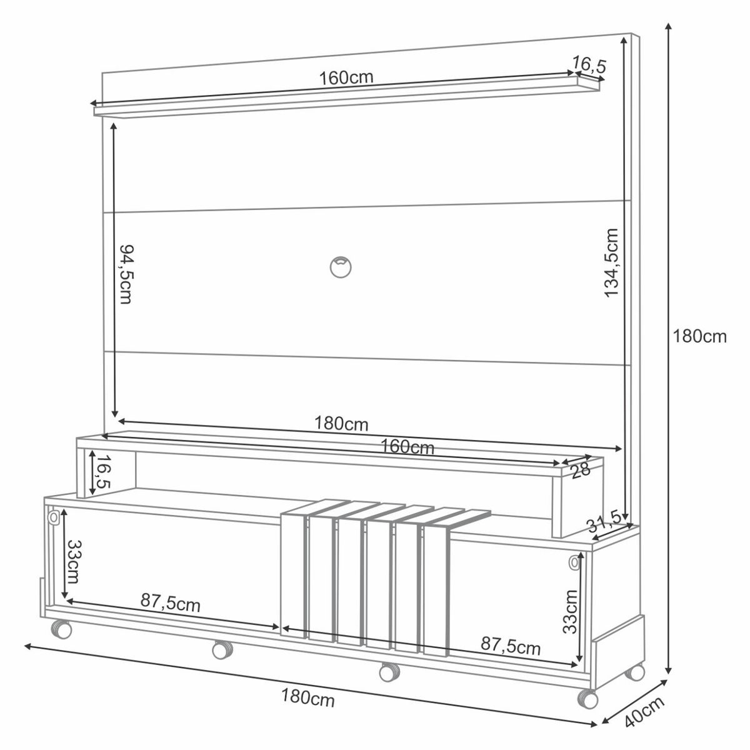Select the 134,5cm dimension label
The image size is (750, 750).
click(611, 262)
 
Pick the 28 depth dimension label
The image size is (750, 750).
click(581, 470)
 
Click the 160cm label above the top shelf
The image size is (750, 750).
click(346, 78)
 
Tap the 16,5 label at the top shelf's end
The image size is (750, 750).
click(589, 65)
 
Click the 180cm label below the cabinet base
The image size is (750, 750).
click(308, 697)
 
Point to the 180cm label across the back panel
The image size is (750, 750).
click(341, 424)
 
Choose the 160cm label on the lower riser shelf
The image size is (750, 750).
click(407, 447)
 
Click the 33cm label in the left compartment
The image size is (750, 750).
click(74, 562)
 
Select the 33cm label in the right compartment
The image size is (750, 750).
click(569, 612)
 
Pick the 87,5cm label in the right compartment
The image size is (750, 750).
click(511, 646)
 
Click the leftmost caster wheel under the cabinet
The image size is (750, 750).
click(61, 629)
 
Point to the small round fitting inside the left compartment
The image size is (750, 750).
click(54, 517)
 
